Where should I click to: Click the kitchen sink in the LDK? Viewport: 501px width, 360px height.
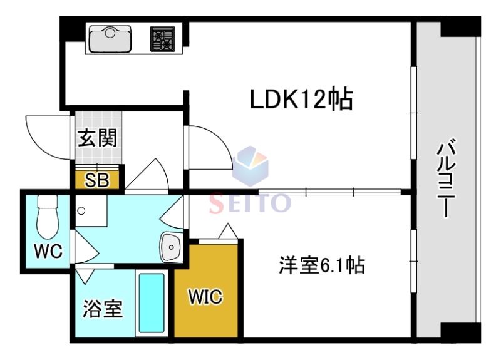(110, 39)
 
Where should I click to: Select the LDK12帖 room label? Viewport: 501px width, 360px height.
(302, 99)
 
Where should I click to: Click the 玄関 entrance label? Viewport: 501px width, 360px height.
(97, 138)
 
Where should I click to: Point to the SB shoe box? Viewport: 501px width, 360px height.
(97, 180)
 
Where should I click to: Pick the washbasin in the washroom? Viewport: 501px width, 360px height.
(170, 247)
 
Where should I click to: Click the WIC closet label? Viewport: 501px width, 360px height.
(206, 297)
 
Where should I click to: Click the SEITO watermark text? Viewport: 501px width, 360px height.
(250, 202)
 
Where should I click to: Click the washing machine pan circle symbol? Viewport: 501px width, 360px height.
(81, 212)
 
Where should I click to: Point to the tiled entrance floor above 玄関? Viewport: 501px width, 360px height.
(97, 120)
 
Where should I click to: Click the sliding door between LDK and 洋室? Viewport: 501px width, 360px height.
(329, 190)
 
